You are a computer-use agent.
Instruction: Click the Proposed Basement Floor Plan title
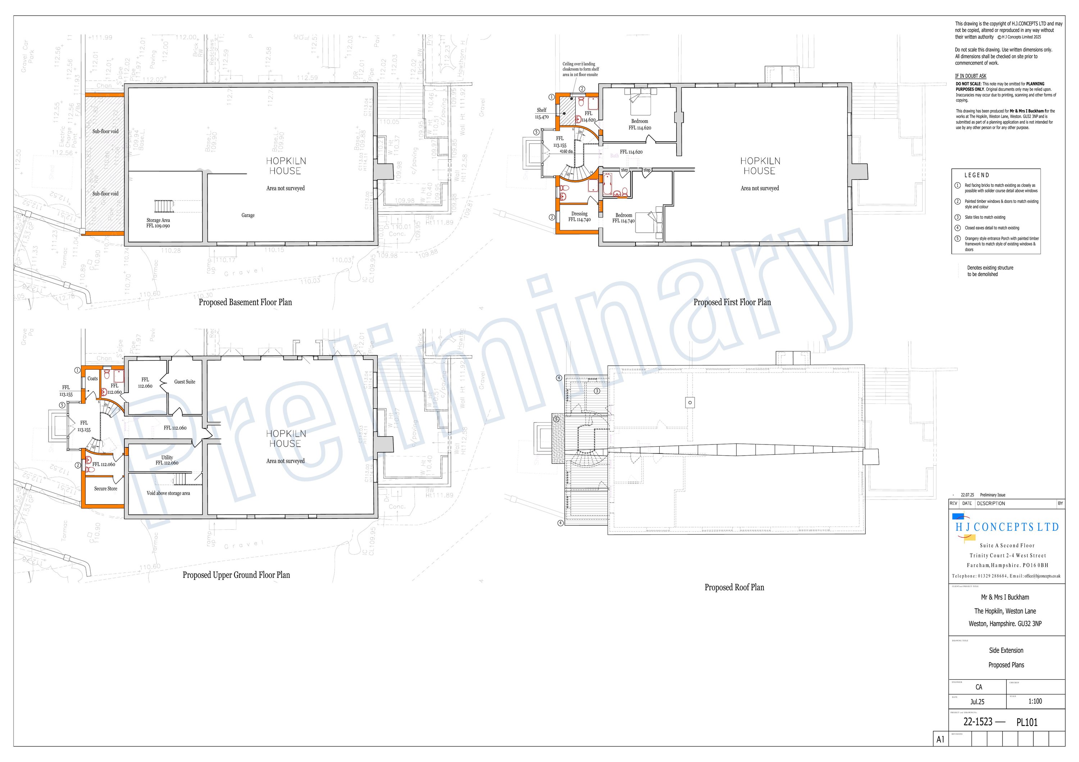pyautogui.click(x=245, y=302)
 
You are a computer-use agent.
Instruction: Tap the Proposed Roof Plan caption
pyautogui.click(x=734, y=587)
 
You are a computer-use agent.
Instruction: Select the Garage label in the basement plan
pyautogui.click(x=248, y=215)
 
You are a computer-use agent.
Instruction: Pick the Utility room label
pyautogui.click(x=167, y=457)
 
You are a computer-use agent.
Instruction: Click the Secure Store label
pyautogui.click(x=105, y=489)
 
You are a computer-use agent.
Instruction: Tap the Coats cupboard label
pyautogui.click(x=92, y=379)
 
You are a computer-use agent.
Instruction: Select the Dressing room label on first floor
pyautogui.click(x=579, y=214)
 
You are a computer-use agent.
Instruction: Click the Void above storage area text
pyautogui.click(x=168, y=493)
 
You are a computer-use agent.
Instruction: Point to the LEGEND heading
pyautogui.click(x=976, y=175)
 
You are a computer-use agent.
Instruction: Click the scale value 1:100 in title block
pyautogui.click(x=1035, y=701)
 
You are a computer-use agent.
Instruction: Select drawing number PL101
pyautogui.click(x=1026, y=722)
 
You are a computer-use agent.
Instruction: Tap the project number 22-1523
pyautogui.click(x=978, y=722)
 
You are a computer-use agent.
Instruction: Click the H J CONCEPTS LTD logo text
pyautogui.click(x=1007, y=527)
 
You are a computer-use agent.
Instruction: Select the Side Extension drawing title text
pyautogui.click(x=1006, y=650)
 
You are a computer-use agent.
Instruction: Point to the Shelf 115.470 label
pyautogui.click(x=541, y=113)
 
